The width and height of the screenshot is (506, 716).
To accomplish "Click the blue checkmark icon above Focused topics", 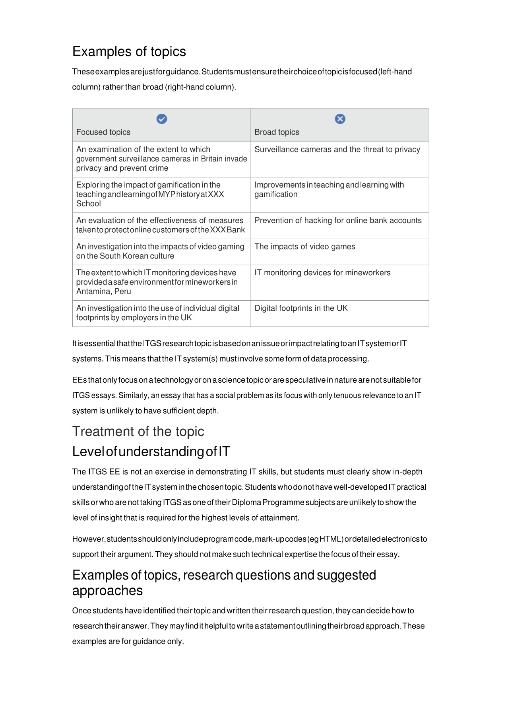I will (x=162, y=119).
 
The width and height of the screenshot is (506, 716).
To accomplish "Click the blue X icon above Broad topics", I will (x=340, y=119).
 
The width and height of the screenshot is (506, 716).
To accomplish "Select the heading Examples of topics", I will (x=129, y=52).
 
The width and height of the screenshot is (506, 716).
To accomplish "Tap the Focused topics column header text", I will (x=103, y=132).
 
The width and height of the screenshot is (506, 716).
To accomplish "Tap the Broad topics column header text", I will (x=277, y=132).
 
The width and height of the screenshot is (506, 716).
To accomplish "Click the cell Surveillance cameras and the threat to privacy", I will (x=337, y=150).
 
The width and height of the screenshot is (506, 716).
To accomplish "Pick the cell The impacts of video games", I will (x=304, y=247).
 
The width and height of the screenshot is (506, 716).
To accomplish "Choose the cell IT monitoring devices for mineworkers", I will (x=322, y=273).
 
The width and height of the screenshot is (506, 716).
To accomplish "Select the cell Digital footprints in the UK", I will (x=301, y=308).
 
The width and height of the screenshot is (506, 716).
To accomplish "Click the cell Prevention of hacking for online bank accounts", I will (x=338, y=220).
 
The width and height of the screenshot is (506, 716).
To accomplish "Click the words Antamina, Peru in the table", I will (x=103, y=292).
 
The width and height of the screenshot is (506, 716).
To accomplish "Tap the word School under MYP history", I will (x=89, y=204).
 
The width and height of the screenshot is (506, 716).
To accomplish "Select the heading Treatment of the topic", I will (x=138, y=432).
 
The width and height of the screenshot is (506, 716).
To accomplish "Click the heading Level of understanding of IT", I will (x=151, y=451).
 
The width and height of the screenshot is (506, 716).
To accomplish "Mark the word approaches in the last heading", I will (x=107, y=591).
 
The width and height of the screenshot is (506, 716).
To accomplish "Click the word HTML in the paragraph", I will (x=331, y=539).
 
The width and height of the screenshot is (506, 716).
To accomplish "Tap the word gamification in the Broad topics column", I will (x=276, y=195).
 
